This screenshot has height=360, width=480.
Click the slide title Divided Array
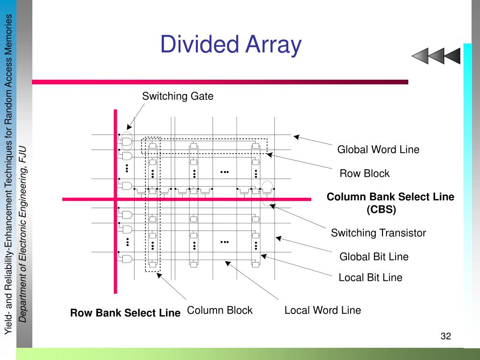pyautogui.click(x=231, y=45)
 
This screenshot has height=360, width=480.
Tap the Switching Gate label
pyautogui.click(x=178, y=97)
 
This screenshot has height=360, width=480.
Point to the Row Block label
pyautogui.click(x=364, y=173)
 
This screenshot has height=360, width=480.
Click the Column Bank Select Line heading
pyautogui.click(x=390, y=197)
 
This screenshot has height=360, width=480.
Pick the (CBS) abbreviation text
pyautogui.click(x=381, y=210)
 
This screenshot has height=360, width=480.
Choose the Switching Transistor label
pyautogui.click(x=378, y=233)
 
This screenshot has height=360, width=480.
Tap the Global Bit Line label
pyautogui.click(x=374, y=257)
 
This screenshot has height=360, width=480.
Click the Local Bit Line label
pyautogui.click(x=370, y=277)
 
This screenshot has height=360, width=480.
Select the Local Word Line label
pyautogui.click(x=322, y=310)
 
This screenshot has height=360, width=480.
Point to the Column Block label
pyautogui.click(x=219, y=310)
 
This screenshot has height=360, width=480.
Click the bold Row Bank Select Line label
pyautogui.click(x=125, y=313)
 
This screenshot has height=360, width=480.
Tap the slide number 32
pyautogui.click(x=445, y=336)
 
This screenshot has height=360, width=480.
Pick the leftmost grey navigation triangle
pyautogui.click(x=420, y=56)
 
